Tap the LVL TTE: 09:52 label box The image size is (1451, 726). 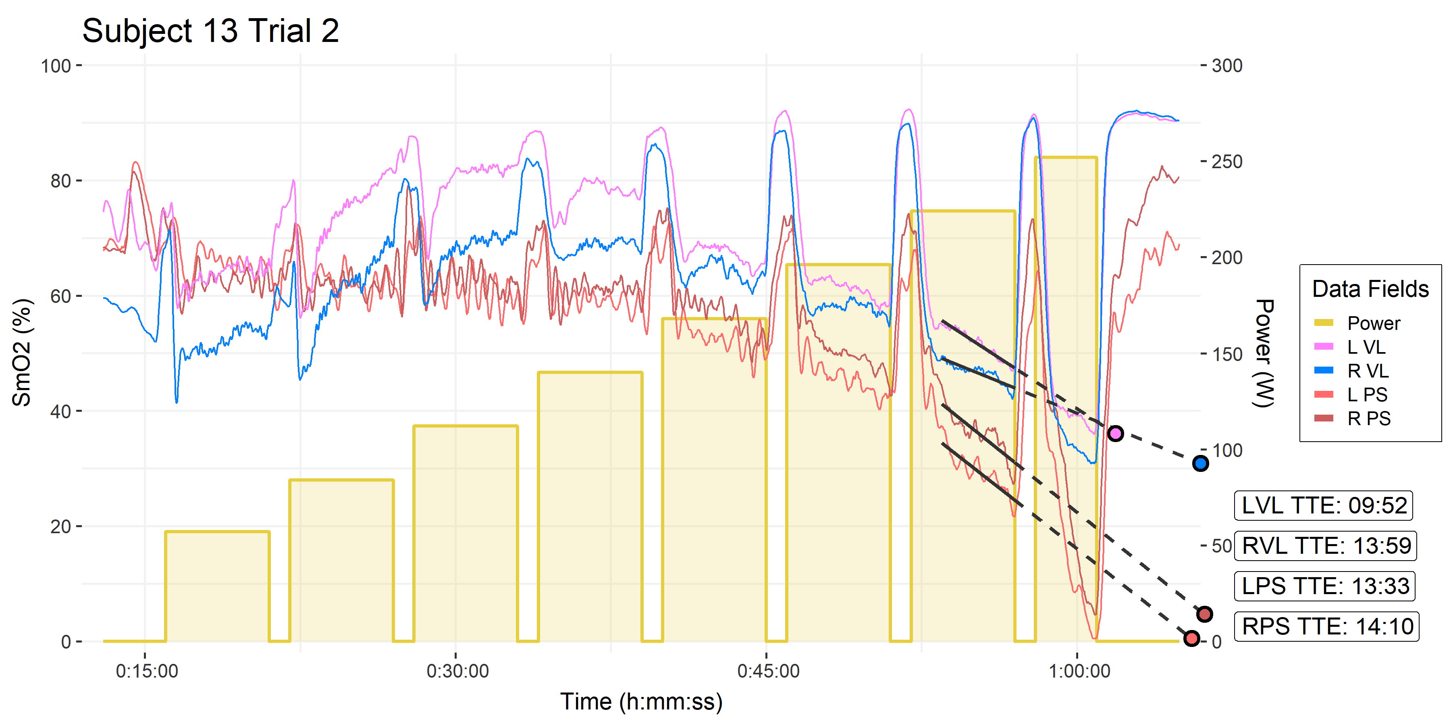(x=1324, y=505)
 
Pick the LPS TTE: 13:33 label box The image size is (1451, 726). (x=1325, y=586)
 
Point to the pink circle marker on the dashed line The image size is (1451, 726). (x=1115, y=434)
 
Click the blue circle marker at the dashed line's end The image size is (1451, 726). (x=1200, y=463)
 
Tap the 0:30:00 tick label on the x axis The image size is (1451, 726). (x=457, y=671)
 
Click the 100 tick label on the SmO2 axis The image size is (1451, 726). (x=56, y=66)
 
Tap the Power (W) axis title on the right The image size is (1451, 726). (x=1264, y=353)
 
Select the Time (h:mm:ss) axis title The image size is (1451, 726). (x=641, y=702)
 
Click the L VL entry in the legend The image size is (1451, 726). (x=1366, y=347)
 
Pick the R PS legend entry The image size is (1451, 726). (x=1368, y=418)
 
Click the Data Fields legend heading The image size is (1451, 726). (x=1370, y=289)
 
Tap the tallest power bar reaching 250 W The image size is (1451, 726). (x=1066, y=394)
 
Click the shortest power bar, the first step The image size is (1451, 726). (x=217, y=586)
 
